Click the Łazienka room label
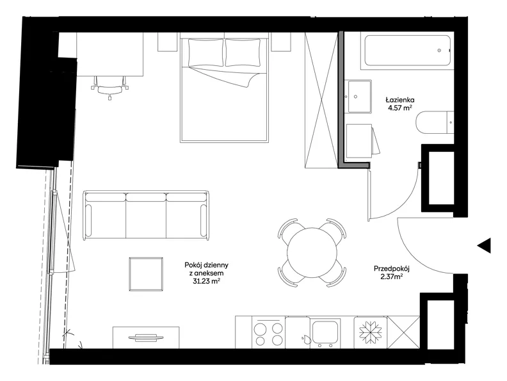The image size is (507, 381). (400, 100)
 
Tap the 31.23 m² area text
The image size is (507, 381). (207, 281)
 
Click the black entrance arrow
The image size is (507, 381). (484, 245)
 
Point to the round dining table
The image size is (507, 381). (312, 252)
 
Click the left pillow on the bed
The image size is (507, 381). (205, 53)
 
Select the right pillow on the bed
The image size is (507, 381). (243, 53)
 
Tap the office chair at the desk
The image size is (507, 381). (110, 88)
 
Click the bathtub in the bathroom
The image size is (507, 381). (407, 51)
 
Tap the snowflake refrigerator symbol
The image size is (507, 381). (371, 332)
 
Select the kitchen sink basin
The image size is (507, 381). (325, 332)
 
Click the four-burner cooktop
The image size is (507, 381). (268, 333)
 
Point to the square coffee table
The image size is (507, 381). (146, 274)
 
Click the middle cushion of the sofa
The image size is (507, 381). (146, 215)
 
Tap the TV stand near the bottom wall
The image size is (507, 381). (146, 337)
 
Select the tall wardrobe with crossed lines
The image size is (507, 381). (321, 100)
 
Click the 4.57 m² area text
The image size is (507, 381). (400, 108)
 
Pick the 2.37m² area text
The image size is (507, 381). (392, 276)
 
